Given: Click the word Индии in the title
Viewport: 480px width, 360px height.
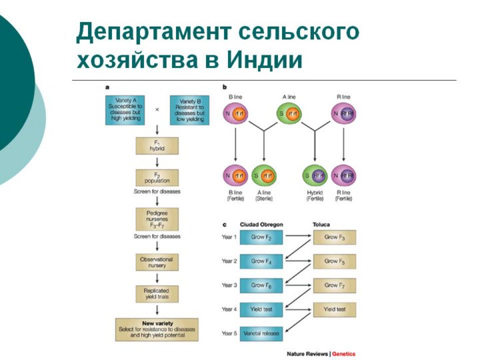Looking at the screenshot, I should [x=265, y=59].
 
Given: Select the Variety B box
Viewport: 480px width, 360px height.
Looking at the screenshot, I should [x=189, y=109].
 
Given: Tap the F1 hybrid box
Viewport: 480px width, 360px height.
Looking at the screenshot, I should [x=157, y=146].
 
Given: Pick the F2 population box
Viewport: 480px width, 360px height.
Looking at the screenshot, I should [x=157, y=178].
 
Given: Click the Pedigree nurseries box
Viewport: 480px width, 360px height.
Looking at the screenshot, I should [x=157, y=220].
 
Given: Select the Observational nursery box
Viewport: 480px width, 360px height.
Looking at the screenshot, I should [x=157, y=262].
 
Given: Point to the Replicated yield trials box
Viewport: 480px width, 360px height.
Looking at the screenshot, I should [x=157, y=293].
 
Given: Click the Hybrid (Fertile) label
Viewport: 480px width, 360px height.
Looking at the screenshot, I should [x=313, y=195].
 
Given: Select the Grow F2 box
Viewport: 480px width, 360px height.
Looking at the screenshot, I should [x=262, y=237].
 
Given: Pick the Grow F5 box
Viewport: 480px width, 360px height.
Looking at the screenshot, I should [x=335, y=261].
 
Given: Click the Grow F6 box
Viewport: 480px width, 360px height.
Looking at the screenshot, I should [x=262, y=285].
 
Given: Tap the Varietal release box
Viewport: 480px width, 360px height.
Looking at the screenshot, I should [x=262, y=333].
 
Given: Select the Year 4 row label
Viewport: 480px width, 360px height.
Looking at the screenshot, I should [x=230, y=309].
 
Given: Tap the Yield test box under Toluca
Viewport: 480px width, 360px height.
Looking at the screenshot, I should [x=335, y=309].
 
